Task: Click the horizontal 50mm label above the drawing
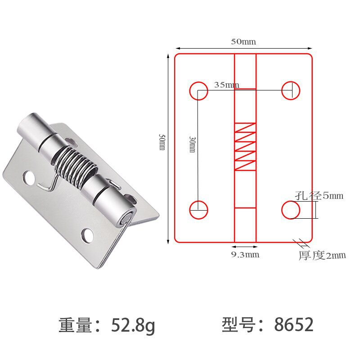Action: [243, 42]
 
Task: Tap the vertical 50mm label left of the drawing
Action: [162, 142]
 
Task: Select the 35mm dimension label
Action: [227, 85]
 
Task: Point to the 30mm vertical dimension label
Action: [192, 144]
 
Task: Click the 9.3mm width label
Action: [245, 255]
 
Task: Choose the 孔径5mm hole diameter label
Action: [319, 196]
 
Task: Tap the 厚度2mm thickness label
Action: [322, 255]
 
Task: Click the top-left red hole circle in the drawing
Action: [199, 82]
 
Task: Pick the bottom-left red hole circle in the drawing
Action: [199, 201]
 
